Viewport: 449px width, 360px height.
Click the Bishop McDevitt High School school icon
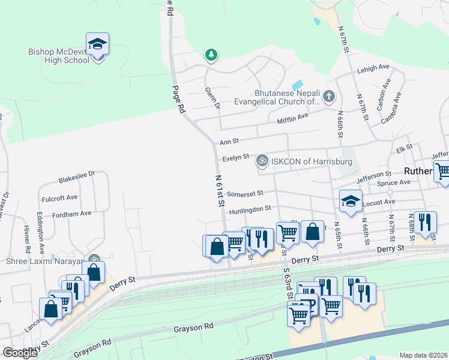click(97, 44)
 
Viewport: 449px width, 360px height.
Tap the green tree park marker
click(211, 55)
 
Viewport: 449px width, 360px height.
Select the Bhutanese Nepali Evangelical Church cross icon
click(328, 96)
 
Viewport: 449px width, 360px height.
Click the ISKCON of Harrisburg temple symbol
click(261, 161)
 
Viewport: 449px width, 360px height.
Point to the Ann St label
click(229, 142)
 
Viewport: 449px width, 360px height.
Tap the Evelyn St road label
click(235, 158)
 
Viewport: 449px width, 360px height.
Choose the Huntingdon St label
click(250, 208)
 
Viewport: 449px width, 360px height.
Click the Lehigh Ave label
click(373, 68)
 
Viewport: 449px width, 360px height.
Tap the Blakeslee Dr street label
click(77, 178)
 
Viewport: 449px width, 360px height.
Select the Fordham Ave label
click(71, 213)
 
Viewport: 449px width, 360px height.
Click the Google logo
click(20, 353)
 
